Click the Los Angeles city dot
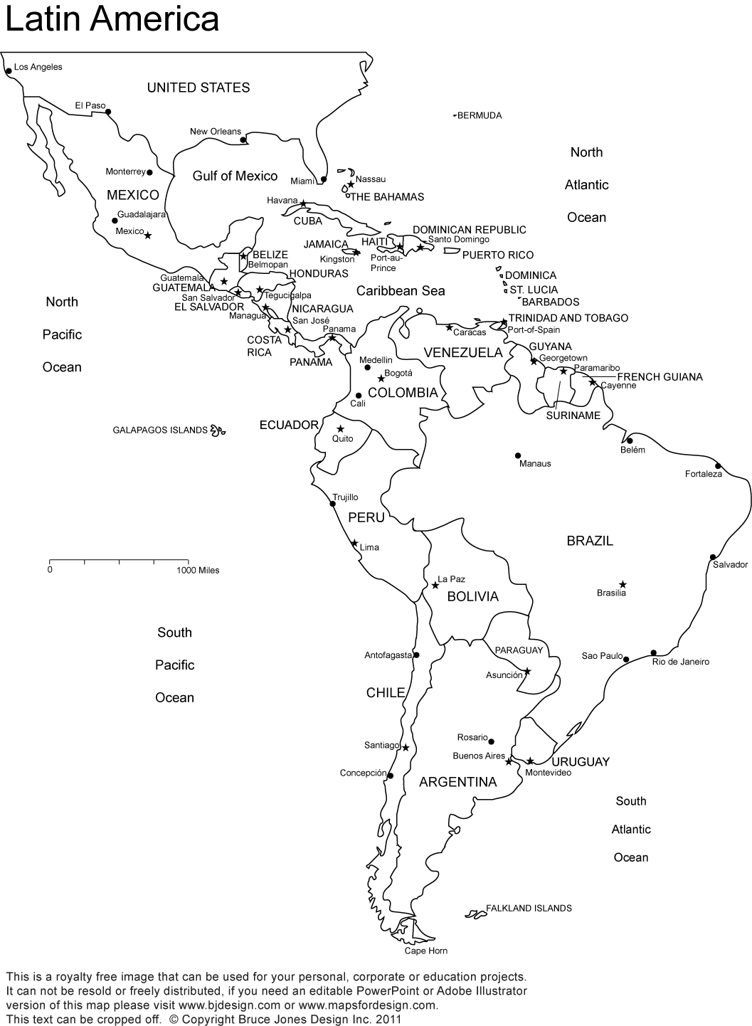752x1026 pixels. click(x=9, y=70)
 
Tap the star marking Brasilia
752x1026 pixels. click(x=623, y=584)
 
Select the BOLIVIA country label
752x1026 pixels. click(x=472, y=596)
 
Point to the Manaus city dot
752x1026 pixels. click(x=518, y=455)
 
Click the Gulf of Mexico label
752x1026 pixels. click(x=235, y=176)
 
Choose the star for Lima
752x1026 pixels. click(x=354, y=543)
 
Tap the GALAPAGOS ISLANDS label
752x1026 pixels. click(x=160, y=430)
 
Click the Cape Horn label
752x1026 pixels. click(x=425, y=951)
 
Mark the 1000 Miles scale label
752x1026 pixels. click(x=198, y=570)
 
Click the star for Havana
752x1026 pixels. click(x=303, y=203)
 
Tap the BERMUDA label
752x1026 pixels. click(x=479, y=115)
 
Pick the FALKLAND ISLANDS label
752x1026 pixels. click(x=529, y=908)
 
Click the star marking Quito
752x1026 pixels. click(x=340, y=428)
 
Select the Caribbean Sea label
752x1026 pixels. click(x=401, y=290)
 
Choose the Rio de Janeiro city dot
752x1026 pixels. click(x=653, y=652)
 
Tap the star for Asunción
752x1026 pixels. click(x=527, y=671)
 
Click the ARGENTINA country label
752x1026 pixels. click(x=457, y=782)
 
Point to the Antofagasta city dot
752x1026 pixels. click(x=417, y=655)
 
